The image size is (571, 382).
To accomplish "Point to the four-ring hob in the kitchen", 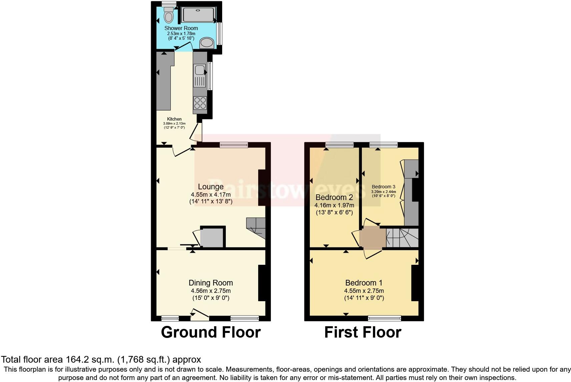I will (200, 103).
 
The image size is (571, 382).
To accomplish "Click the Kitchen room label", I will (174, 119).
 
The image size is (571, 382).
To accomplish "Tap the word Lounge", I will (210, 187).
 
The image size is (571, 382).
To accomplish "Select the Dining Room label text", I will (210, 283).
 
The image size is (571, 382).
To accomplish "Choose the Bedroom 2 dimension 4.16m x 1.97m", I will (334, 205).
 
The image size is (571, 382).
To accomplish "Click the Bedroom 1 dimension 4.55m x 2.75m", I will (364, 291).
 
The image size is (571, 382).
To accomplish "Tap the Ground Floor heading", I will (210, 332).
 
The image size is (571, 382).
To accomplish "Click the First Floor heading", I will (363, 332).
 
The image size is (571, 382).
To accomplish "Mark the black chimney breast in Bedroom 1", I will (415, 283).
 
